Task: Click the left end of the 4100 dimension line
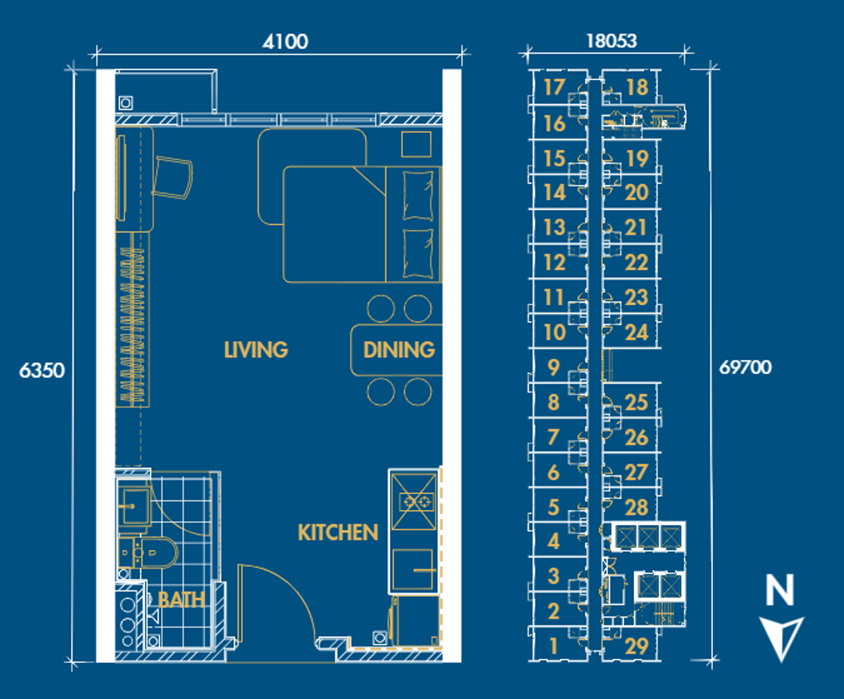[96, 54]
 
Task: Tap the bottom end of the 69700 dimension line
[711, 660]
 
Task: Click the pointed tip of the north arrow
[782, 661]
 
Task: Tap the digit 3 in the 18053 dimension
[631, 41]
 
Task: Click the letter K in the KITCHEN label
[304, 532]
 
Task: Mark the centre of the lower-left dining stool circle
[380, 392]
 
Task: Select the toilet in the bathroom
[147, 552]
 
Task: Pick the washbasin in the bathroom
[134, 506]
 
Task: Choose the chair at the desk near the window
[172, 178]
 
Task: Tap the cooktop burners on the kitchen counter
[416, 503]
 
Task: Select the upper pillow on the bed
[418, 195]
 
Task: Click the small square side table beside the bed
[416, 144]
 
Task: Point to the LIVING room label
[256, 350]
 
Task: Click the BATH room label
[182, 600]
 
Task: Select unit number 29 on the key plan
[637, 646]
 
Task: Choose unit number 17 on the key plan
[554, 87]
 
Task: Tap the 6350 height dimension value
[42, 370]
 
